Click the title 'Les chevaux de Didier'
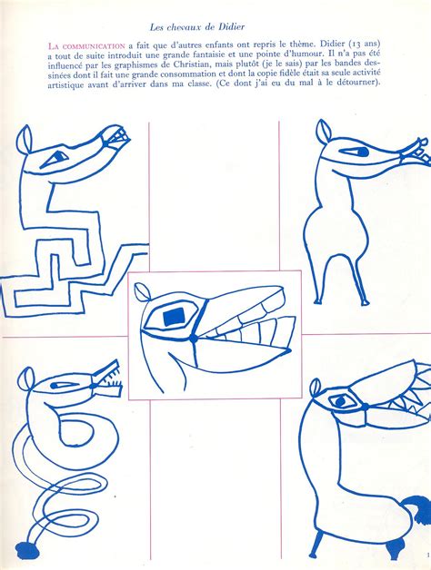[x=196, y=27]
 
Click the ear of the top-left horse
[x=25, y=139]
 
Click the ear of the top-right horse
[x=323, y=132]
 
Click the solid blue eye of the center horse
[x=175, y=316]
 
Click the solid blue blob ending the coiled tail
[x=28, y=550]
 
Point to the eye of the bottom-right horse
[x=340, y=402]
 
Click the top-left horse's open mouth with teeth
[x=115, y=137]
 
